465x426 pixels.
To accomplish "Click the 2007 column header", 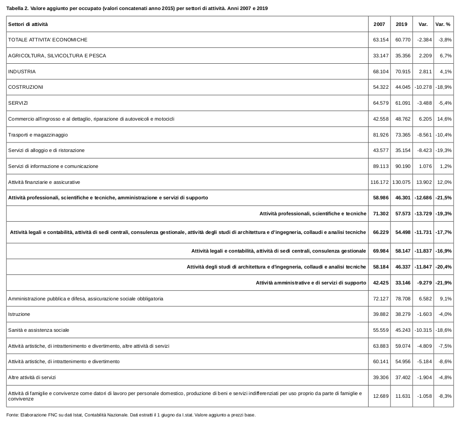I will (x=379, y=24).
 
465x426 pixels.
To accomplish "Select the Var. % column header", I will (x=443, y=24).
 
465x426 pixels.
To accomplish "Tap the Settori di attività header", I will (x=28, y=24).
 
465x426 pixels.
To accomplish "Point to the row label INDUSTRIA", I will (x=22, y=71).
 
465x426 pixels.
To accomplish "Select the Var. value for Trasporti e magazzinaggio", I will (x=423, y=135).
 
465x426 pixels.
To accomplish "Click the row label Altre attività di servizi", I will (x=32, y=377).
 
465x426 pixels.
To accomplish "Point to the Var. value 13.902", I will (x=423, y=182).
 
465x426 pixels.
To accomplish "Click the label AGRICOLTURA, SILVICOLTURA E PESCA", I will (x=57, y=56).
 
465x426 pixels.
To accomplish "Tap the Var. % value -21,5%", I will (x=444, y=198).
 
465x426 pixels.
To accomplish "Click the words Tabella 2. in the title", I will (x=17, y=8).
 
